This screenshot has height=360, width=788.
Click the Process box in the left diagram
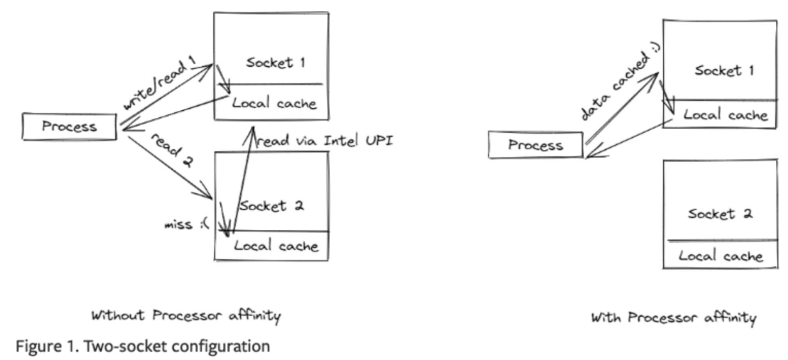point(69,127)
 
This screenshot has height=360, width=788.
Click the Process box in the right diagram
point(535,145)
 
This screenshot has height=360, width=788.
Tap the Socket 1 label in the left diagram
point(275,63)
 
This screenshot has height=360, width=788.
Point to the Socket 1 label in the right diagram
point(724,71)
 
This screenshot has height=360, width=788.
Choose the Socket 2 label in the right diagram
point(720,214)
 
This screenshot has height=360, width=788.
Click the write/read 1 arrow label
point(160,83)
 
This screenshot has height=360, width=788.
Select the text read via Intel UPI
point(324,141)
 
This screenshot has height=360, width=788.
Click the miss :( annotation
point(186,224)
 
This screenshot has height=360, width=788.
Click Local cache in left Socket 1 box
point(274,103)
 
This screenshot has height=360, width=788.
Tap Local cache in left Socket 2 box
point(276,247)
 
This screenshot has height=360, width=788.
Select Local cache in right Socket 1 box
point(725,115)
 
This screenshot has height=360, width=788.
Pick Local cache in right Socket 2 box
point(720,256)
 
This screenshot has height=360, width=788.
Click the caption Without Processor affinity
point(186,316)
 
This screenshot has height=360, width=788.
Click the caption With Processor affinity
point(673,318)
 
